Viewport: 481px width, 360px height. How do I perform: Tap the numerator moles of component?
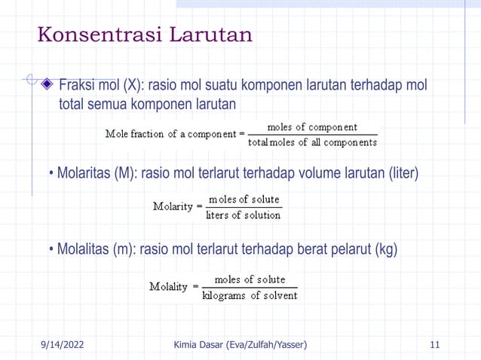[x=312, y=127]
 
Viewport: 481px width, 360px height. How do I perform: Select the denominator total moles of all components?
[x=312, y=142]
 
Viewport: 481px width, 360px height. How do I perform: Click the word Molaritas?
[x=84, y=174]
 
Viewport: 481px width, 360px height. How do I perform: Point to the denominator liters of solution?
[x=243, y=215]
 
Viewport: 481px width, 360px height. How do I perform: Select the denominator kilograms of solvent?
[x=250, y=295]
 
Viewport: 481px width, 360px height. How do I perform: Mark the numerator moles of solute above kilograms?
[x=250, y=279]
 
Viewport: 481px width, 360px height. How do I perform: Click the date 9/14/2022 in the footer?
[x=61, y=345]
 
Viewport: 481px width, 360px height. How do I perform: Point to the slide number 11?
[x=434, y=345]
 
